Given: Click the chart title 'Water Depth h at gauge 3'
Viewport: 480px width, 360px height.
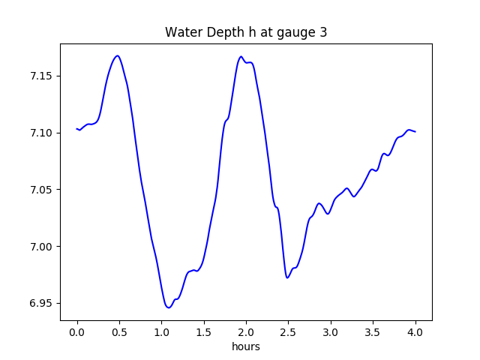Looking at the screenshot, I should (246, 32).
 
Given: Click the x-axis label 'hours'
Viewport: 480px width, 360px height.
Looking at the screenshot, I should (246, 346).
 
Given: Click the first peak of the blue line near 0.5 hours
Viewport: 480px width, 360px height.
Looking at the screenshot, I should (117, 55).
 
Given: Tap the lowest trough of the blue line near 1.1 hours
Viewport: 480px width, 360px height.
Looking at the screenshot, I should (169, 307).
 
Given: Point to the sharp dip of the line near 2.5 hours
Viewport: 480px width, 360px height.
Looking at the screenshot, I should (287, 277).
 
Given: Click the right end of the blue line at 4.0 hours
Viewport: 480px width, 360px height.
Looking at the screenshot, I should (415, 132).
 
